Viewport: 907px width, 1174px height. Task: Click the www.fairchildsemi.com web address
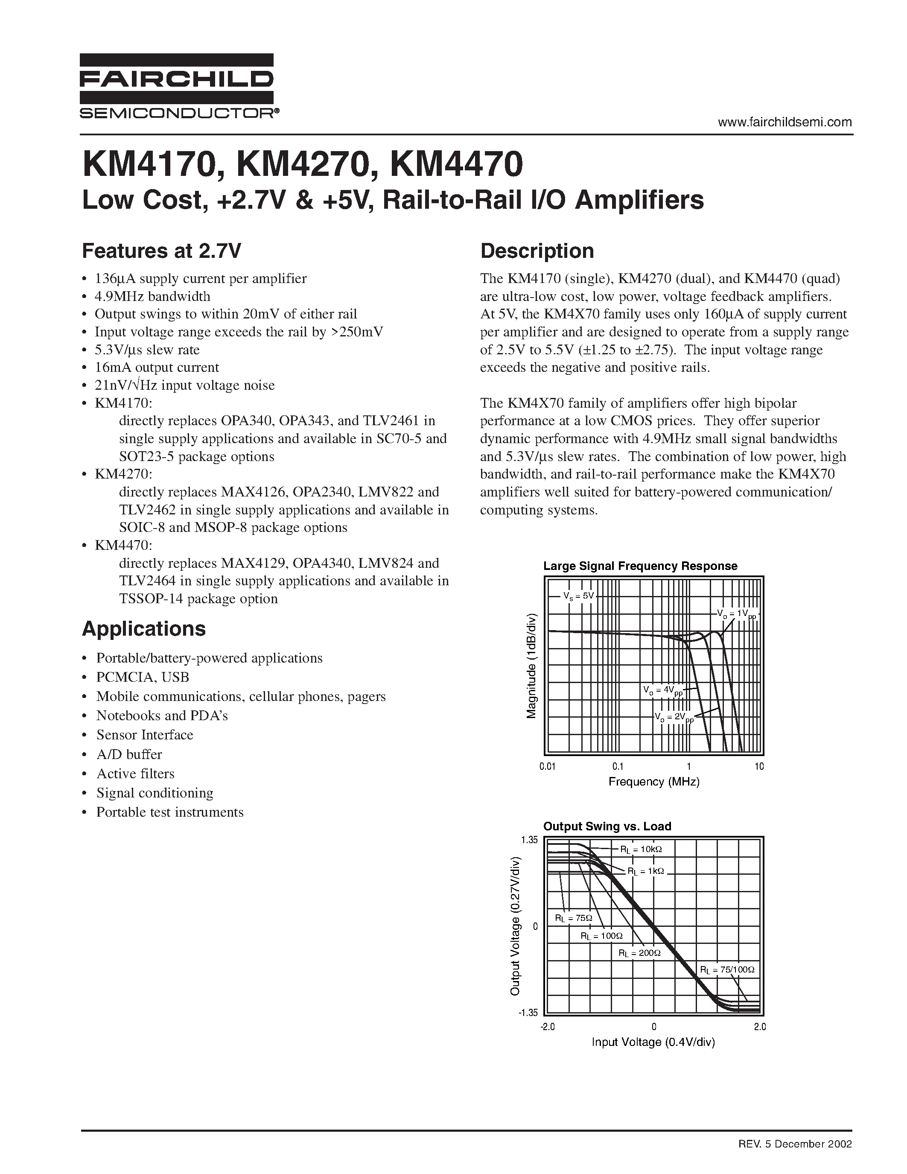[x=785, y=122]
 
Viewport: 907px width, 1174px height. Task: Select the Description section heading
[x=537, y=251]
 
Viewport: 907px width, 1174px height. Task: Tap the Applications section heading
[x=143, y=628]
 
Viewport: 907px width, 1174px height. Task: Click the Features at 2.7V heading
[x=161, y=251]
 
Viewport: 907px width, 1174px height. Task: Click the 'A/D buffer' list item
[x=129, y=754]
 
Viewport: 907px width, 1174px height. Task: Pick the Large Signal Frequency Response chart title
[x=640, y=566]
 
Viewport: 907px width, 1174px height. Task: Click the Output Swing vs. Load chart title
[x=607, y=826]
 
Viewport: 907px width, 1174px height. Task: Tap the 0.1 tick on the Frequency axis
[x=618, y=767]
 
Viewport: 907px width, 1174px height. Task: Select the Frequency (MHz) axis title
[x=654, y=782]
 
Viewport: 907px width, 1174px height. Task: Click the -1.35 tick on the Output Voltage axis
[x=528, y=1013]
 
